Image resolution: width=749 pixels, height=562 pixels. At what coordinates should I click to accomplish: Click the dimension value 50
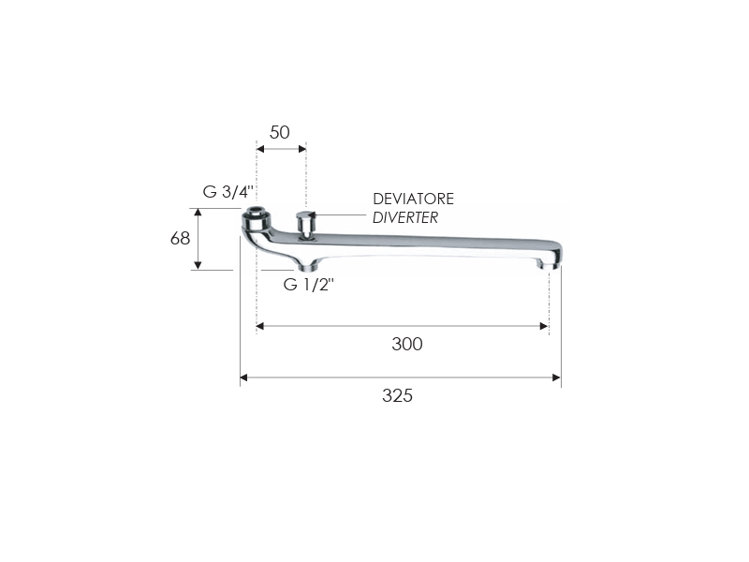pos(279,132)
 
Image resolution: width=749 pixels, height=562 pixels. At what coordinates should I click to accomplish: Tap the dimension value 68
pos(180,238)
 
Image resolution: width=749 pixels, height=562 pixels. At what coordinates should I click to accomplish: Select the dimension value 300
pos(407,344)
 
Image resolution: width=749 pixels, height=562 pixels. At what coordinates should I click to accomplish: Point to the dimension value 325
pos(397,395)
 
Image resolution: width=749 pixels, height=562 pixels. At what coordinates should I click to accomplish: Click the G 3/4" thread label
pos(228,192)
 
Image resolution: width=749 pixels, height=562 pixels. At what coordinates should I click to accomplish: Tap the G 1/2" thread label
pos(309,285)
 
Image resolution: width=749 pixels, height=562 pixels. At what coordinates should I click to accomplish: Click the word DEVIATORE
pos(413,199)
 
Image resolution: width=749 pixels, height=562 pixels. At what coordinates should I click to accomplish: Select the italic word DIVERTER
pos(405,217)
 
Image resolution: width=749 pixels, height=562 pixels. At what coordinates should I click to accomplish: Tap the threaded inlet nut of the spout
pos(256,219)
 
